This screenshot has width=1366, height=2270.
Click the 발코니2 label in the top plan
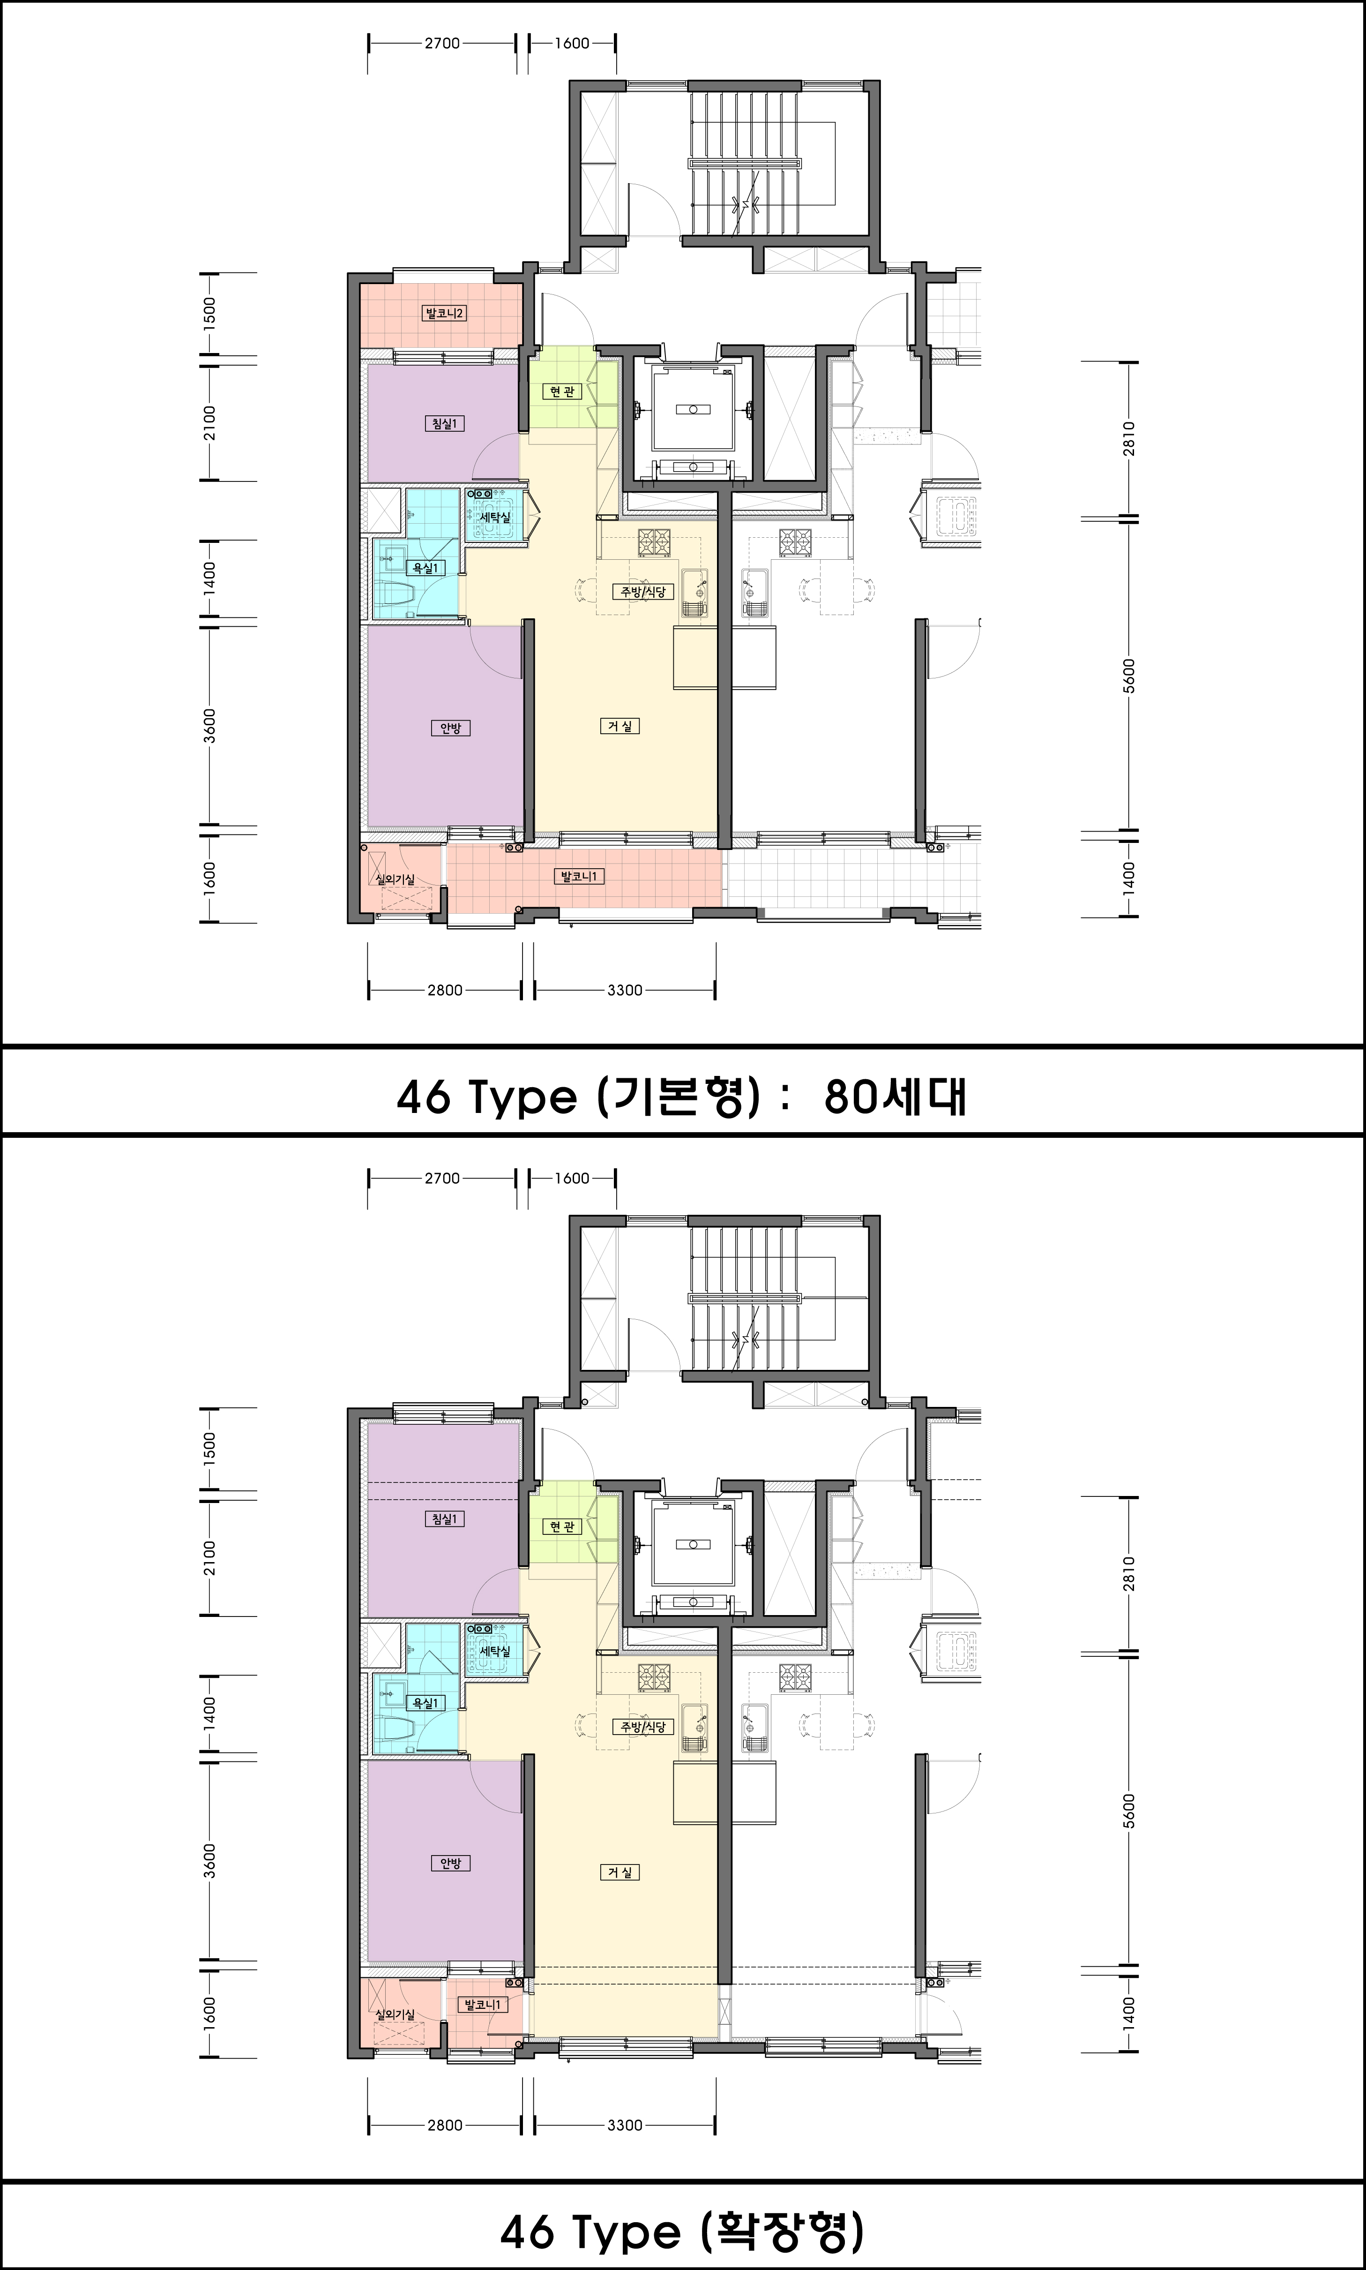pos(444,313)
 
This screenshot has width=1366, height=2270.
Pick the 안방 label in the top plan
pos(449,728)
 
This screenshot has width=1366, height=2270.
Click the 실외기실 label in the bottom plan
pos(396,2014)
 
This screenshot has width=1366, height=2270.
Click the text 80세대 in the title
pos(895,1097)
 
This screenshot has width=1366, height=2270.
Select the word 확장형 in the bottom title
pos(783,2232)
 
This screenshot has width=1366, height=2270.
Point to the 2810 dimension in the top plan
pos(1129,438)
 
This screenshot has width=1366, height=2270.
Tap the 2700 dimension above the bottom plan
pos(442,1178)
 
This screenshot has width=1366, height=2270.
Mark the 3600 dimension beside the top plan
pos(210,726)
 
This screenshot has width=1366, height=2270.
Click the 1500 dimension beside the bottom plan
pos(210,1449)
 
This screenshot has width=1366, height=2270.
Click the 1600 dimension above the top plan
pos(572,43)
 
